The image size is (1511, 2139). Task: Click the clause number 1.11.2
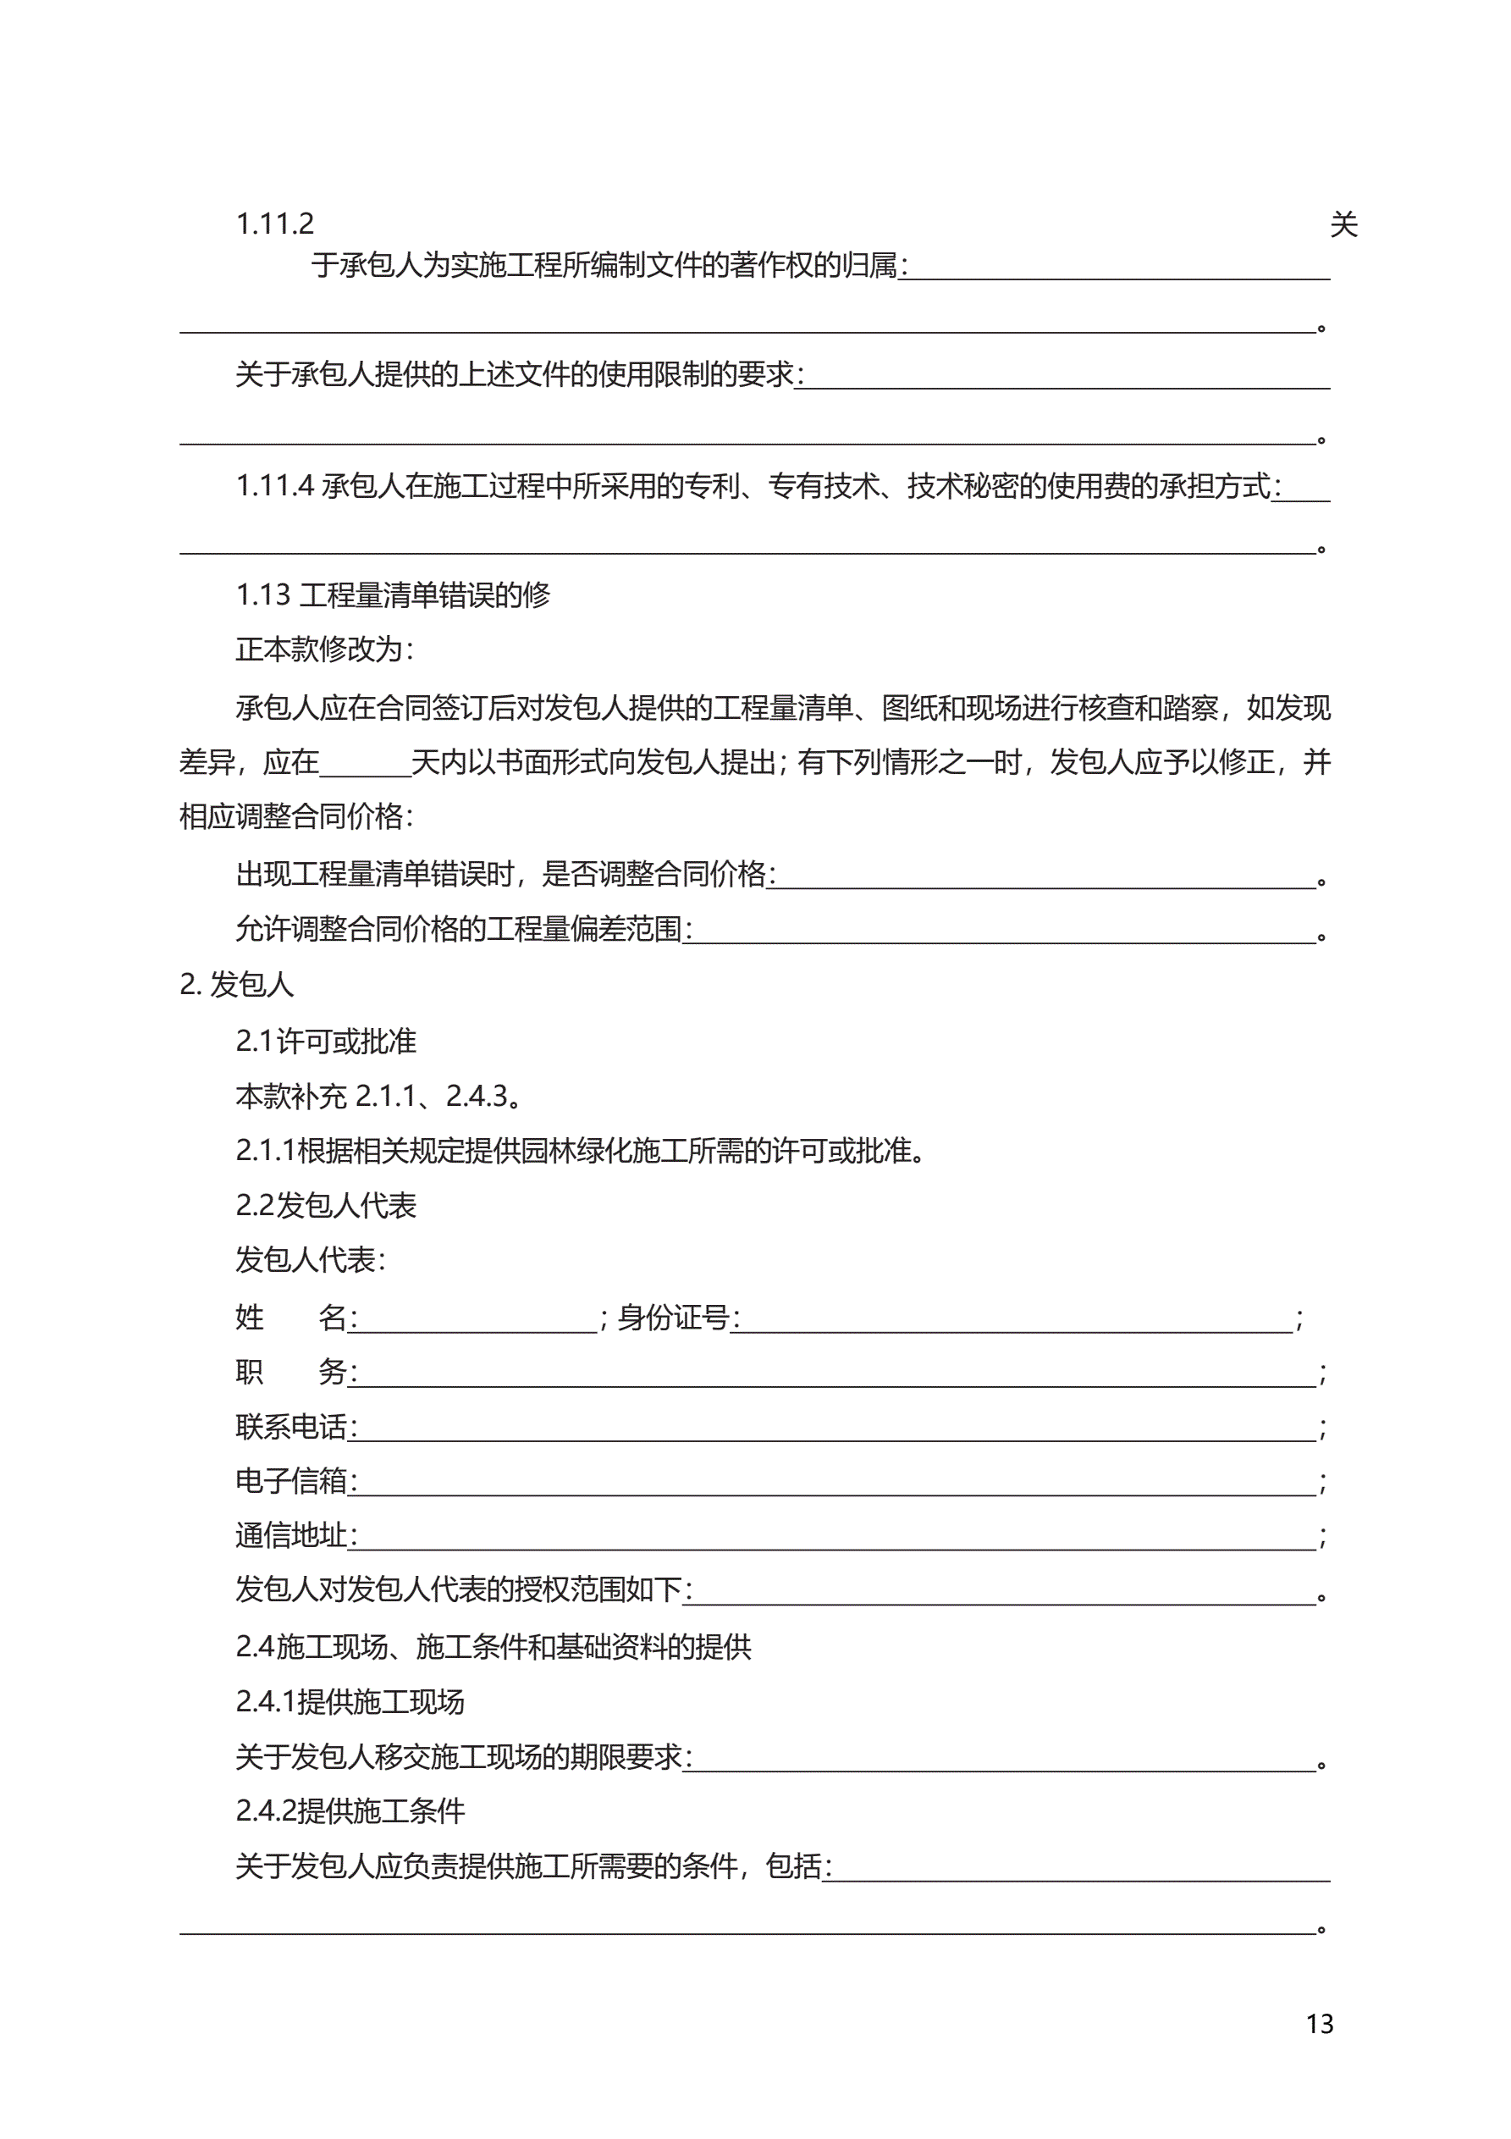pos(275,224)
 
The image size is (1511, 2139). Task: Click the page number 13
pos(1319,2024)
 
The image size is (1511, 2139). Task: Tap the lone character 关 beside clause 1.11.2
pos(1343,224)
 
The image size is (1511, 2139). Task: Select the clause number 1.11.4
pos(275,486)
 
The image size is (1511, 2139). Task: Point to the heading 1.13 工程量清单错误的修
pos(392,595)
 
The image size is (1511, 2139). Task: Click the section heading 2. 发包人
pos(237,985)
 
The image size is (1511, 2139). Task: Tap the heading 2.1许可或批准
pos(325,1042)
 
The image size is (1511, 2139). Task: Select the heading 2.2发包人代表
pos(325,1206)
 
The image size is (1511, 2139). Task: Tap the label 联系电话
pos(291,1427)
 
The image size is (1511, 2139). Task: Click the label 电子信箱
pos(291,1481)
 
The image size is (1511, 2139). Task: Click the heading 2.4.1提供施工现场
pos(350,1702)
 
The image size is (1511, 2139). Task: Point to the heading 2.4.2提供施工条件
pos(350,1811)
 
